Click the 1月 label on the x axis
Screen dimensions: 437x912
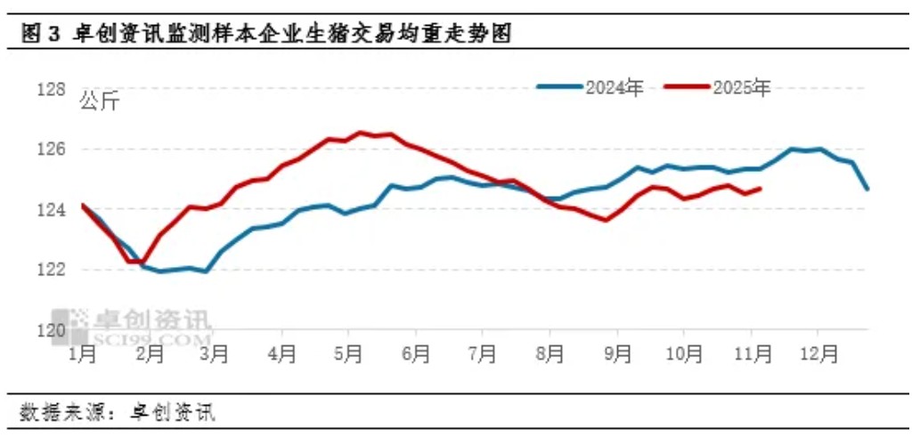click(82, 354)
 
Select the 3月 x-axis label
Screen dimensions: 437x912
click(215, 354)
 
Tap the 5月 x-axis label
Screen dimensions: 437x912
click(348, 354)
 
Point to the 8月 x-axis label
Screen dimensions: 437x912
click(550, 354)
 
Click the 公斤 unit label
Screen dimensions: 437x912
click(99, 101)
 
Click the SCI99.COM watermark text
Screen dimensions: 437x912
click(151, 338)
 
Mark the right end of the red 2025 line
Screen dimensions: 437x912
click(760, 188)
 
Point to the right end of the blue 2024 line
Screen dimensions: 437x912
click(867, 188)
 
